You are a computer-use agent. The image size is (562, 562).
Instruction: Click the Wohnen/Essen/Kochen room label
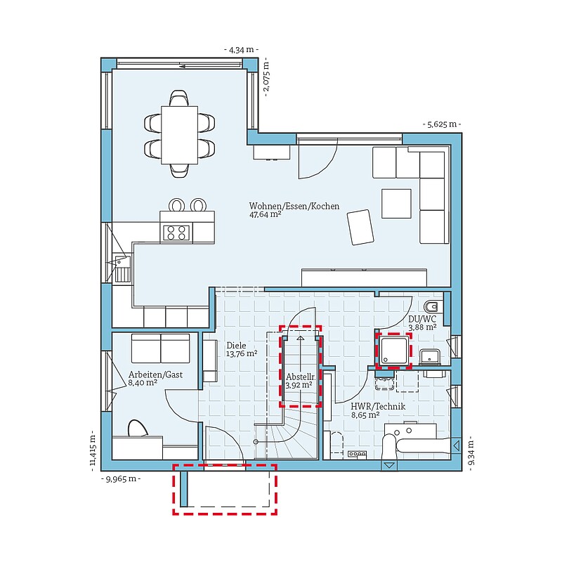(x=294, y=206)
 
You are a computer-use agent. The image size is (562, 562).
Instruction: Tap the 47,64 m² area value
(x=265, y=214)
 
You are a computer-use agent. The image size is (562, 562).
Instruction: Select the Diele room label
(x=236, y=346)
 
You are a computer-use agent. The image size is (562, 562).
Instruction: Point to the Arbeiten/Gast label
(x=155, y=374)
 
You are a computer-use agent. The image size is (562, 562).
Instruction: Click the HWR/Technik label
(x=378, y=407)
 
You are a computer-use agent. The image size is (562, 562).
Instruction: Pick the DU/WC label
(x=422, y=319)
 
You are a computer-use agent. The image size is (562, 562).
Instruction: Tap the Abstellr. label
(x=301, y=377)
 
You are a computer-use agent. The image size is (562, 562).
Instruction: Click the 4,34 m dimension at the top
(x=241, y=50)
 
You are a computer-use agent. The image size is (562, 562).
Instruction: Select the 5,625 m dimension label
(x=442, y=124)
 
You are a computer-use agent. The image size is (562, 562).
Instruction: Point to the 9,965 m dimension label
(x=121, y=479)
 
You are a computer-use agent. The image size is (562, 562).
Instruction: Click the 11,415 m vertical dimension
(x=93, y=450)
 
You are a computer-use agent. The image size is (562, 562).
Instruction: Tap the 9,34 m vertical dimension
(x=471, y=453)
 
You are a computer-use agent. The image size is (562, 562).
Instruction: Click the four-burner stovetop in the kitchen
(x=176, y=233)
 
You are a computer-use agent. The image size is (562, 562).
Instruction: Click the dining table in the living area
(x=179, y=135)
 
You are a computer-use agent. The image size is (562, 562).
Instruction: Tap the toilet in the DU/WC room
(x=431, y=307)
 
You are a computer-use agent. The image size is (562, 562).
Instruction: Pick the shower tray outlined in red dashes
(x=393, y=351)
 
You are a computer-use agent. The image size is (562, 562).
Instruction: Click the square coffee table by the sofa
(x=396, y=204)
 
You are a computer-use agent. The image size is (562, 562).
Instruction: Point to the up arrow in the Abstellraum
(x=301, y=338)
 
